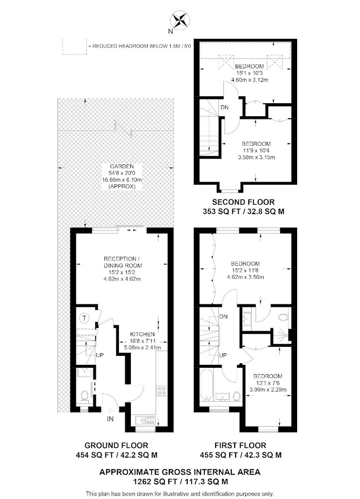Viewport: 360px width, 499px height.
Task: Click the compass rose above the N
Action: point(180,20)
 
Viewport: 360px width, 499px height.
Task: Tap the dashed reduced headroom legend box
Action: point(74,46)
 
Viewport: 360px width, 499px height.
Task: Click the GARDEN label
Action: point(122,167)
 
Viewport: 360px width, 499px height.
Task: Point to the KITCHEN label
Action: point(142,334)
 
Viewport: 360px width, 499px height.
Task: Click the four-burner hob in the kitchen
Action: point(162,391)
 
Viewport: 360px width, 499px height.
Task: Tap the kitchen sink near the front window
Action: point(145,420)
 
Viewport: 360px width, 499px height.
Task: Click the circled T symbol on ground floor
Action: point(84,317)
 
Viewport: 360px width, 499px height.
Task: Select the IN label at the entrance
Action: point(110,419)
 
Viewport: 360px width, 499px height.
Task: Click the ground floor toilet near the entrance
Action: point(84,396)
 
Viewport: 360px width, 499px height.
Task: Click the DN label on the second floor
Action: point(224,108)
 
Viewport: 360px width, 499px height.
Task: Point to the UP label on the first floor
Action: point(223,355)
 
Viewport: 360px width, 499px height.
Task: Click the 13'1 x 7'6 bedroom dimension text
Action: point(268,383)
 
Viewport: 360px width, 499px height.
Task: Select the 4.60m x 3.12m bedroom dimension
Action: point(250,80)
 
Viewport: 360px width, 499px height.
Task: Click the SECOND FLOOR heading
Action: point(243,202)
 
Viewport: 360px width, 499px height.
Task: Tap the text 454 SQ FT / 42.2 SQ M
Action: point(116,455)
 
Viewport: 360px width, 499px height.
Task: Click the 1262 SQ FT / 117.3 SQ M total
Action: point(180,482)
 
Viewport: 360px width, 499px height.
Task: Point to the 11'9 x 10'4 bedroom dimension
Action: point(256,151)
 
